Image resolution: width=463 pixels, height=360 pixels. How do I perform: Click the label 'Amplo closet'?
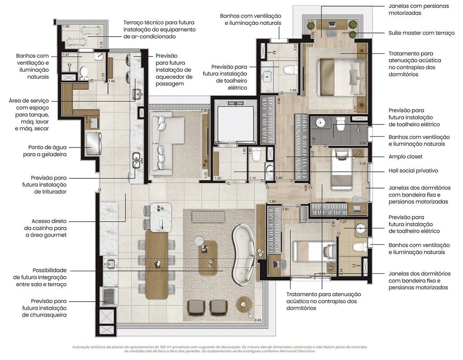click(406, 156)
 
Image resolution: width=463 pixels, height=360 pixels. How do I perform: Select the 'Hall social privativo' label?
click(413, 171)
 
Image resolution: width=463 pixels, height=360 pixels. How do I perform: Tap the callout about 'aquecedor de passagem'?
click(174, 70)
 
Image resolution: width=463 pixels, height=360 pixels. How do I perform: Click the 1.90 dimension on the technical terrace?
click(66, 27)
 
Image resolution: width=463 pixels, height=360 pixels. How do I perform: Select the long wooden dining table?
click(156, 264)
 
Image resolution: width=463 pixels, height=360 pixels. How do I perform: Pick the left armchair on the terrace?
click(196, 308)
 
